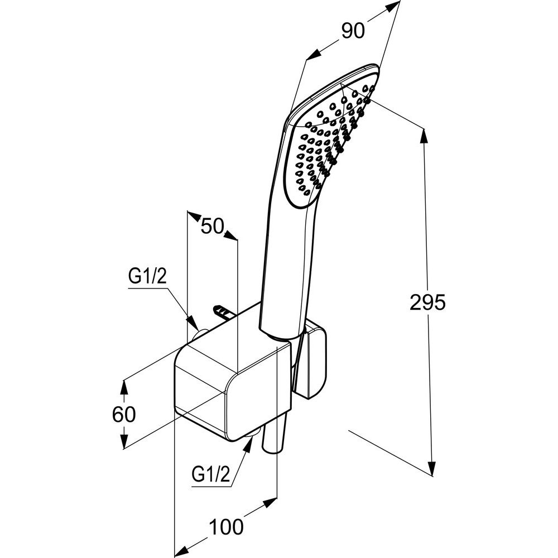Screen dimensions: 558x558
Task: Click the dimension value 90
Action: pyautogui.click(x=353, y=31)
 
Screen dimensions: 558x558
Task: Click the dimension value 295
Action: pyautogui.click(x=427, y=302)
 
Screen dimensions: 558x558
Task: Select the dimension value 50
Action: pyautogui.click(x=212, y=227)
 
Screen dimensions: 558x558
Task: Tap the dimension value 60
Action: pyautogui.click(x=124, y=415)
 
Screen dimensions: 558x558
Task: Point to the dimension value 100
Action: pyautogui.click(x=227, y=526)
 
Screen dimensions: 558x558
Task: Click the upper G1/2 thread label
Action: pyautogui.click(x=148, y=276)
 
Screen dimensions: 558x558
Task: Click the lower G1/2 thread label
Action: pyautogui.click(x=211, y=475)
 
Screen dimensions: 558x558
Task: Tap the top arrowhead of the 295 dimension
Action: pyautogui.click(x=426, y=136)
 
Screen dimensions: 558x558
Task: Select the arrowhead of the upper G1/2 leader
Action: pyautogui.click(x=193, y=324)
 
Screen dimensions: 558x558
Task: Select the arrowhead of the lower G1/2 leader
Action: pyautogui.click(x=247, y=443)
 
